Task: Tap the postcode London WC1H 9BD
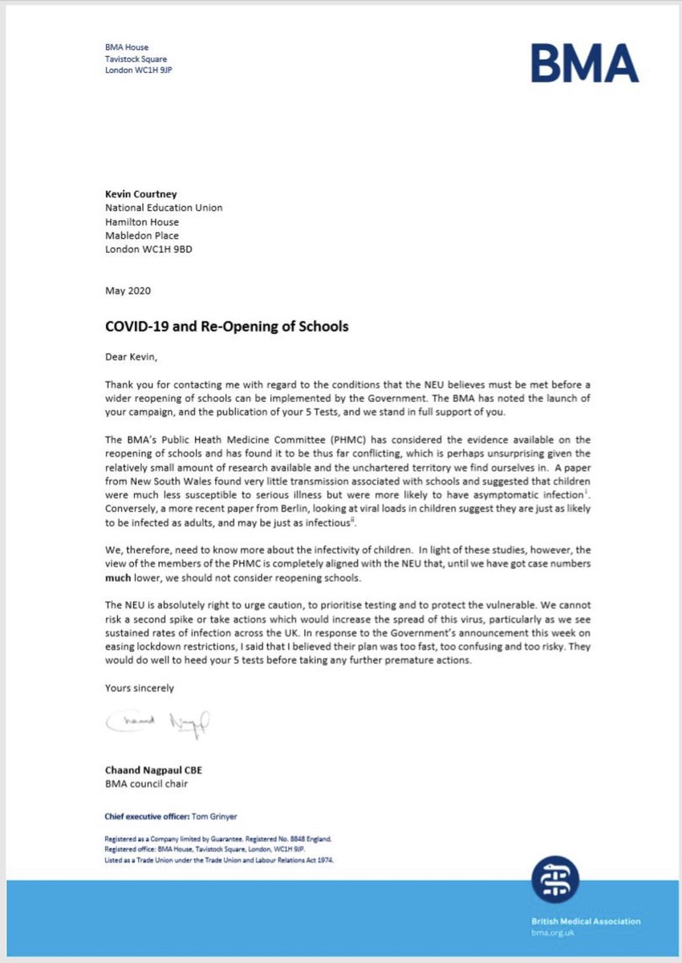pyautogui.click(x=148, y=249)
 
